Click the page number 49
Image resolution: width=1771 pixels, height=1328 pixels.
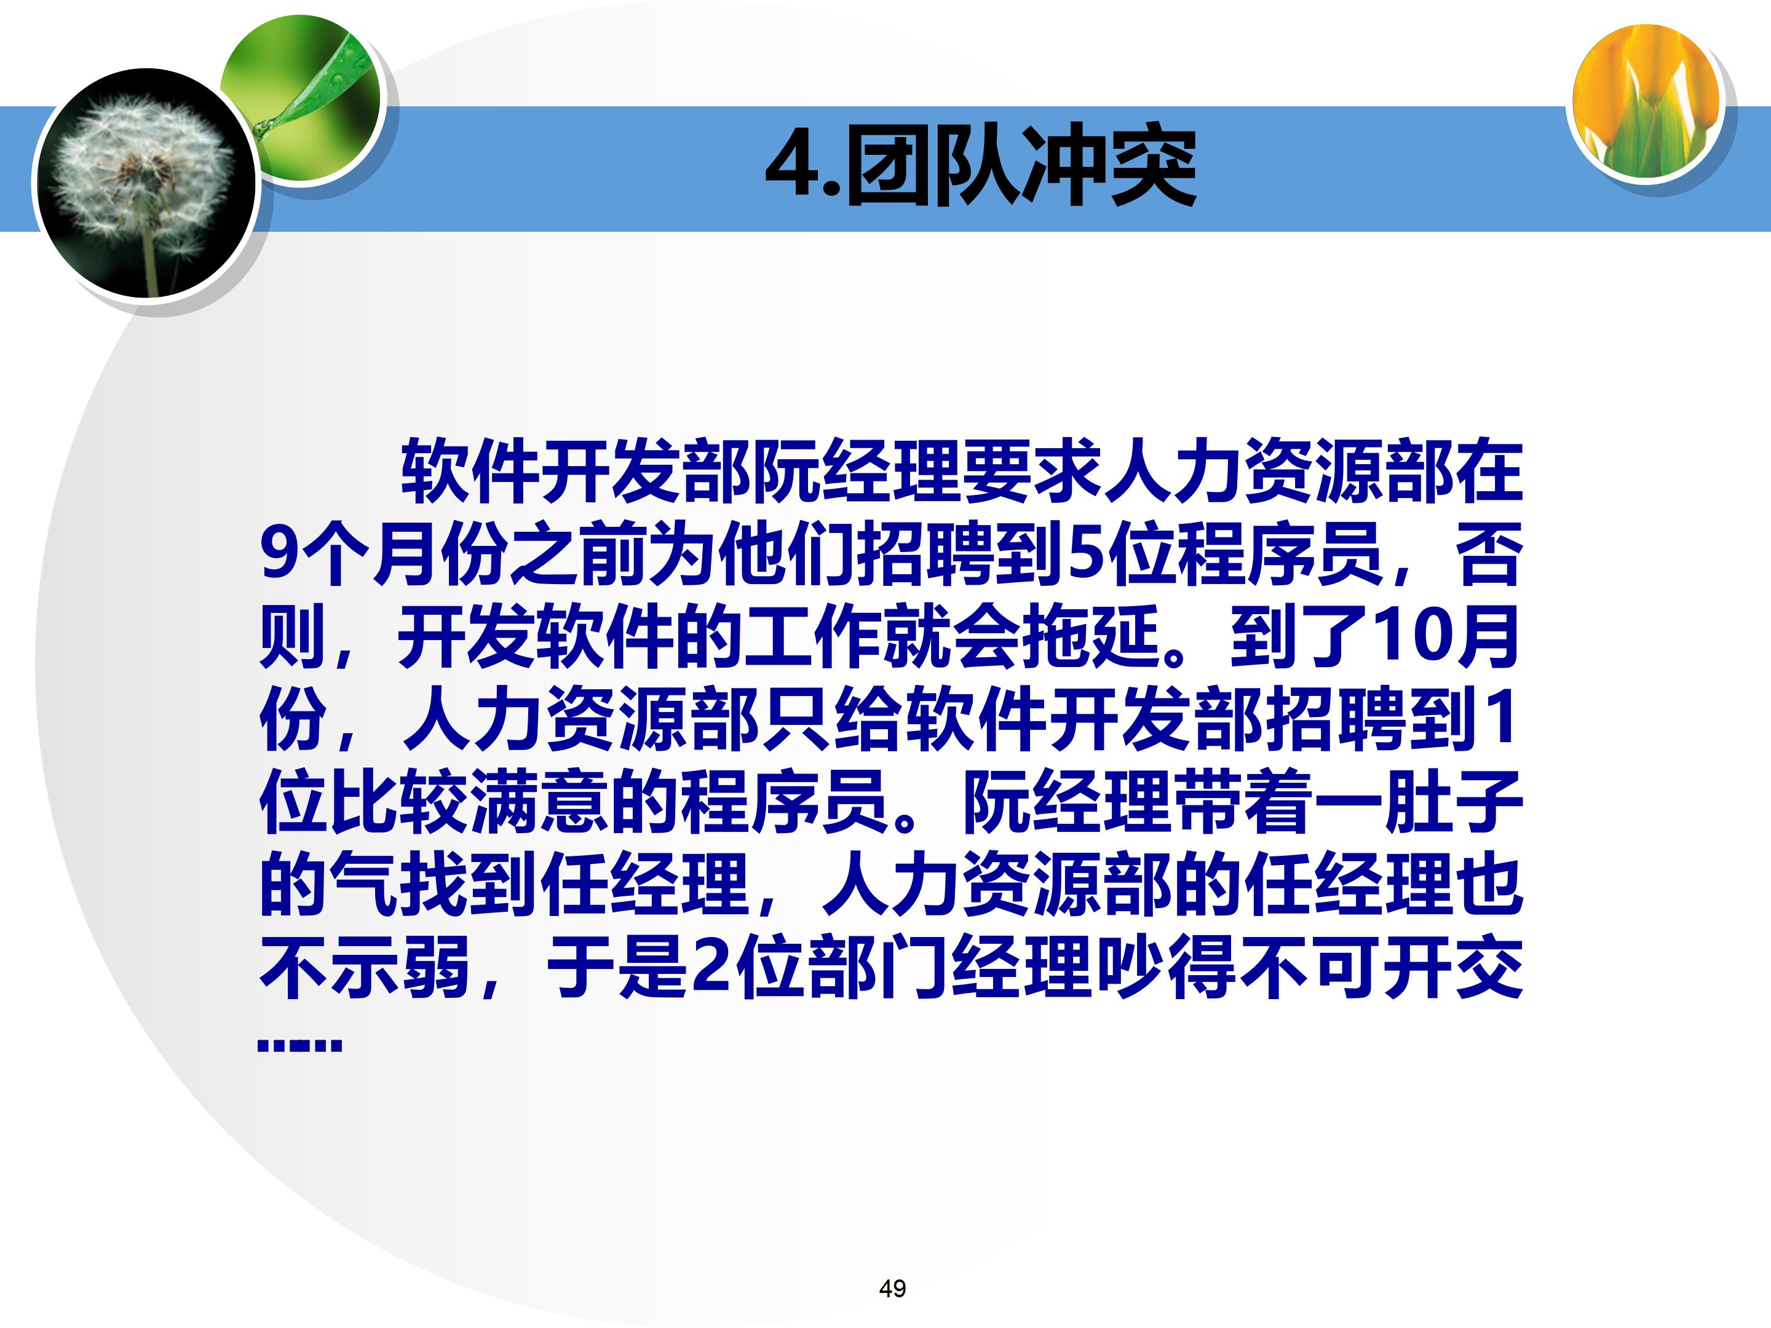[x=892, y=1289]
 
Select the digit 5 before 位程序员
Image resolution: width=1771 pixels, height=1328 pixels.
[x=1085, y=554]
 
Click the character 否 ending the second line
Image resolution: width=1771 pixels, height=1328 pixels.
[x=1488, y=554]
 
